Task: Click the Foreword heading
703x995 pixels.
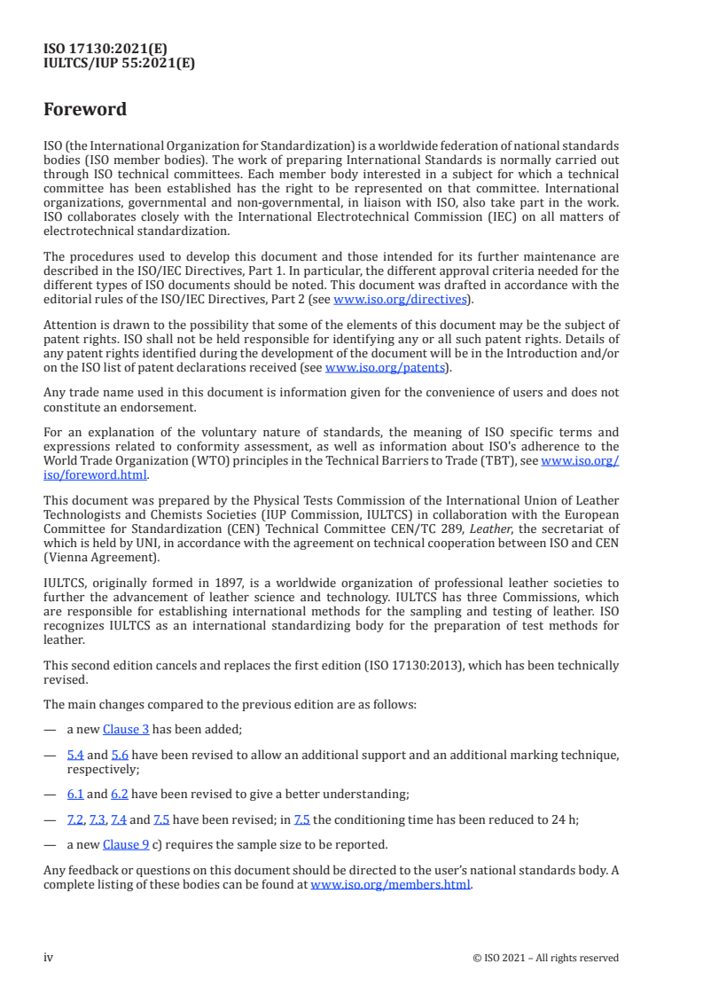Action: (85, 110)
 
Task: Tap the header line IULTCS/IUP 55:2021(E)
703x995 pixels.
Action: (119, 63)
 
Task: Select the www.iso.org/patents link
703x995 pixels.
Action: (386, 367)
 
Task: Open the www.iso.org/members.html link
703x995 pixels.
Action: (390, 884)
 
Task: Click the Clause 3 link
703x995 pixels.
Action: (126, 729)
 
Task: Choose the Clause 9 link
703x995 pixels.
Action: (126, 844)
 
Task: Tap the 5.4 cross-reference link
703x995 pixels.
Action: (75, 755)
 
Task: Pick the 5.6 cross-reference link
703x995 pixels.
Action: (121, 755)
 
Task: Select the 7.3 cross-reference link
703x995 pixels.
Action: (98, 820)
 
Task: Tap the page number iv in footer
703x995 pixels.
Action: (49, 957)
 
